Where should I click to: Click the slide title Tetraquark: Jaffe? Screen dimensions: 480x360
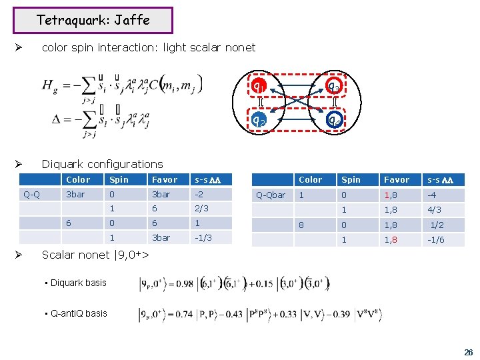[x=93, y=20]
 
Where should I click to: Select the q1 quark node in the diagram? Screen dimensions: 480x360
[x=259, y=87]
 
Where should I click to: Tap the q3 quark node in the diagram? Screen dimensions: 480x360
[x=334, y=87]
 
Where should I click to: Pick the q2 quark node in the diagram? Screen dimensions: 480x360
[x=259, y=120]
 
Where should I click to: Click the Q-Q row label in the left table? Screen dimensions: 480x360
[x=31, y=195]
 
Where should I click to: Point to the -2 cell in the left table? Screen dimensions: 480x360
[x=199, y=195]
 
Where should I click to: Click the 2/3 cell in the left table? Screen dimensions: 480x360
[x=201, y=209]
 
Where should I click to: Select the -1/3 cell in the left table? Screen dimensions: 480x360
[x=202, y=237]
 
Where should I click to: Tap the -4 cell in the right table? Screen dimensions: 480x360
[x=433, y=195]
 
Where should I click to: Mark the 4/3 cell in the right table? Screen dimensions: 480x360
[x=434, y=209]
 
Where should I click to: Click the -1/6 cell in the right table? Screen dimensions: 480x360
[x=436, y=240]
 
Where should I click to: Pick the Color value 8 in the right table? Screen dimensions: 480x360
[x=301, y=225]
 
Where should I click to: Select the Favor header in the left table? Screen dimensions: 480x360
[x=165, y=179]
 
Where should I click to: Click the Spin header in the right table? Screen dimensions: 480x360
[x=351, y=179]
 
